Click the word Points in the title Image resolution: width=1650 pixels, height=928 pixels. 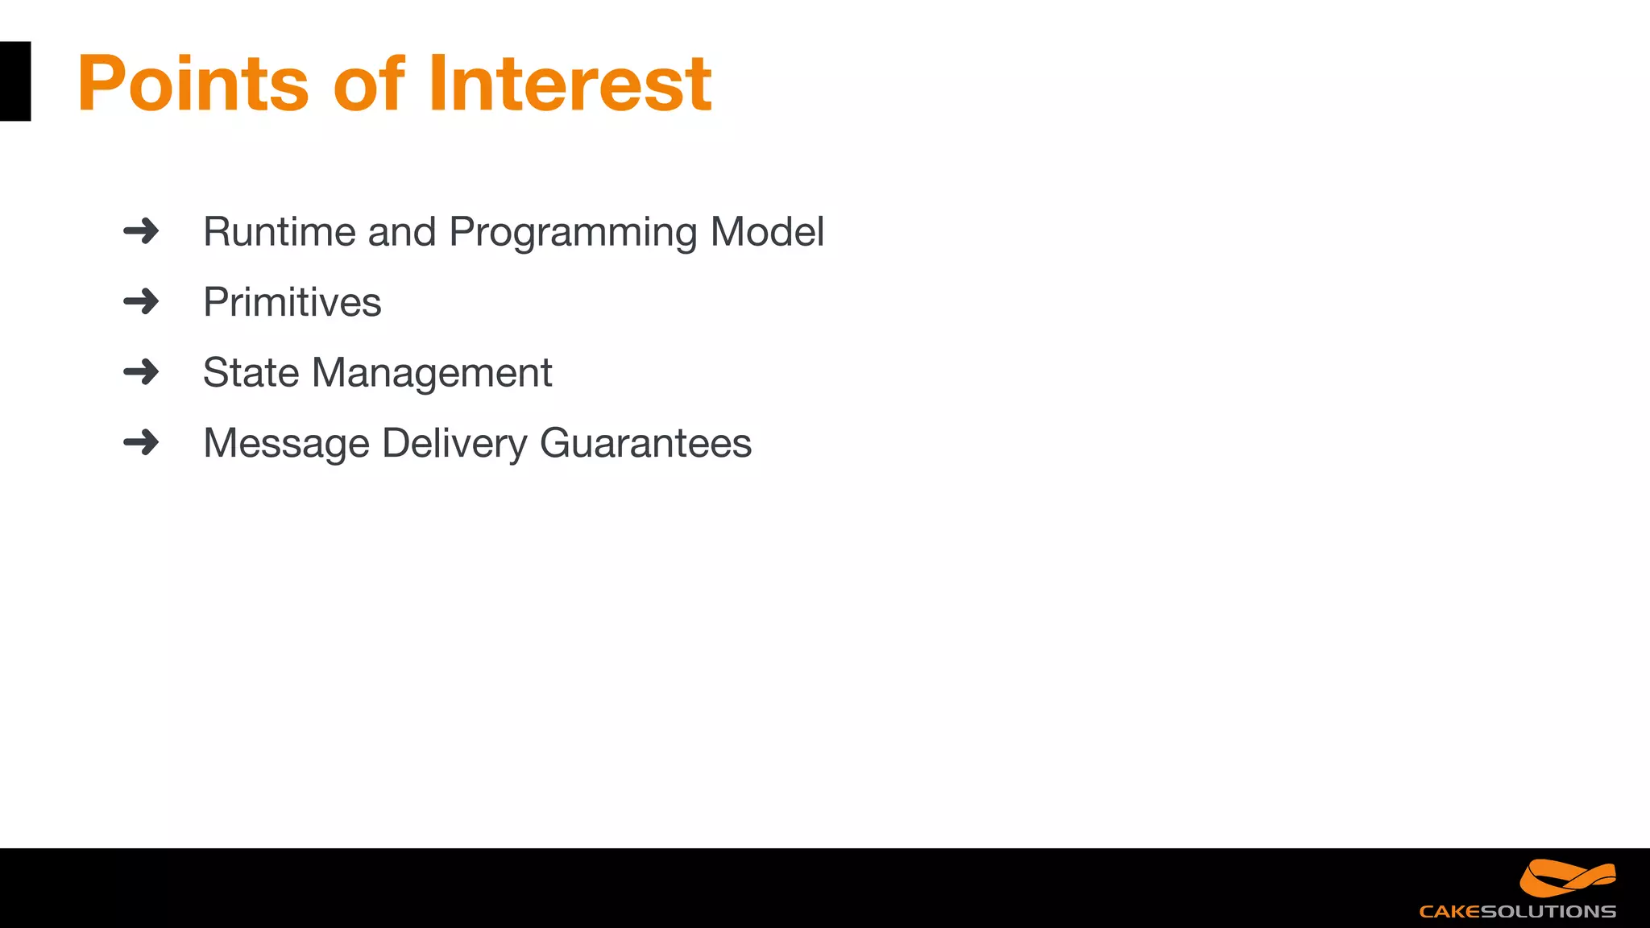193,83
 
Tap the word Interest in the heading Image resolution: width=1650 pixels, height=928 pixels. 570,83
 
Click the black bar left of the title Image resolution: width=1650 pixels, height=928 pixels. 15,81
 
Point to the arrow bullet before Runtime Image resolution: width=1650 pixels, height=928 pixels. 141,231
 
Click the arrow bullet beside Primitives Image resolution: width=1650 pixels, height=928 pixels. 141,302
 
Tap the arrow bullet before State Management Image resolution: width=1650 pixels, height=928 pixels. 141,372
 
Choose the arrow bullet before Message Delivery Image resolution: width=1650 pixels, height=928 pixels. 141,442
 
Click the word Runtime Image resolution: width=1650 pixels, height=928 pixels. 280,232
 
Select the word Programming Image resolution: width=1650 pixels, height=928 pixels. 574,233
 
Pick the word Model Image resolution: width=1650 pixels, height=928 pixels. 767,232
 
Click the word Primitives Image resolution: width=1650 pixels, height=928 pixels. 292,303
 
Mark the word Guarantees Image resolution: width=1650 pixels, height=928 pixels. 645,443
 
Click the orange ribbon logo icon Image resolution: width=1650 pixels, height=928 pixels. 1567,878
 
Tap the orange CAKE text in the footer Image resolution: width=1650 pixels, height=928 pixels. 1449,912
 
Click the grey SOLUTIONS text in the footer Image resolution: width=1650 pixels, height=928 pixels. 1548,912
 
